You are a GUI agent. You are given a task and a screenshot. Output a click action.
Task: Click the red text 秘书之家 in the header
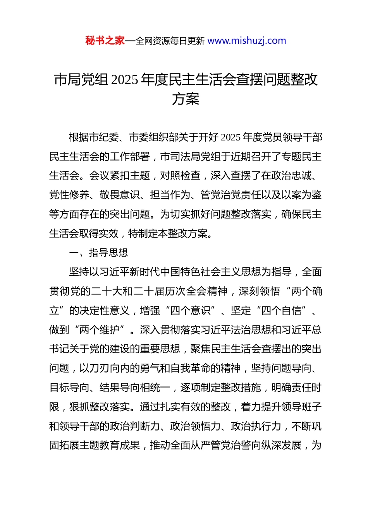(105, 41)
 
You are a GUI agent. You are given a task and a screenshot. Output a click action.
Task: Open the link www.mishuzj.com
(247, 41)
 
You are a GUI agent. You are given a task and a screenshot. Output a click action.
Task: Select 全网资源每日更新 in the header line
(170, 41)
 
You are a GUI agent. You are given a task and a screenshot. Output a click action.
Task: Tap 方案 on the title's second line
(186, 99)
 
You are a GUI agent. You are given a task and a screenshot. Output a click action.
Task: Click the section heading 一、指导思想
(98, 253)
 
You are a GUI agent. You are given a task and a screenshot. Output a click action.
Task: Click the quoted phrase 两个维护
(99, 330)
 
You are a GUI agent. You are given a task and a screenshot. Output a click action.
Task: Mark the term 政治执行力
(256, 426)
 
